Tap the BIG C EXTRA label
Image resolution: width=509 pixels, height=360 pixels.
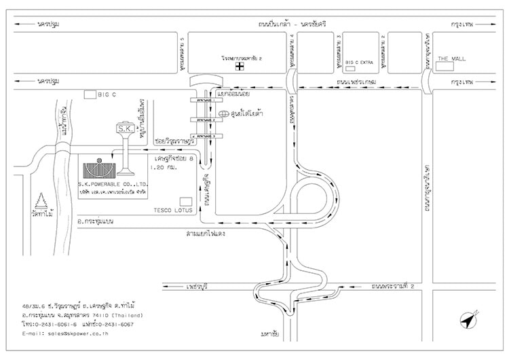[x=360, y=62]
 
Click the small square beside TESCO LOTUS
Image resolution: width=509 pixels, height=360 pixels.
[x=185, y=201]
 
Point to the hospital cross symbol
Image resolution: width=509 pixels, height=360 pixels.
[x=239, y=67]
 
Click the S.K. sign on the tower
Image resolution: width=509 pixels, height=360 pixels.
[x=126, y=128]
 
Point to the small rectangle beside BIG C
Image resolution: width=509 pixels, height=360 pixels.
[x=90, y=94]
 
